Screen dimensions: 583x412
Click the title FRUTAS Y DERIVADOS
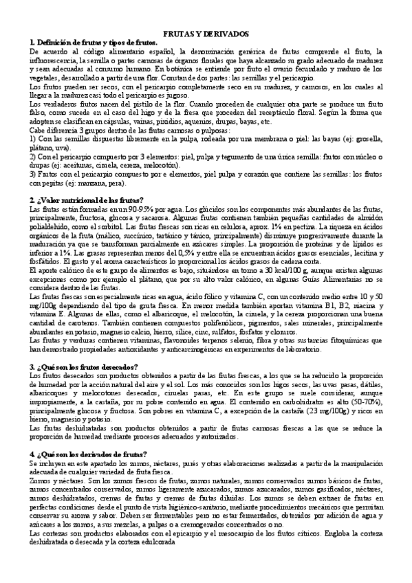[206, 34]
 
